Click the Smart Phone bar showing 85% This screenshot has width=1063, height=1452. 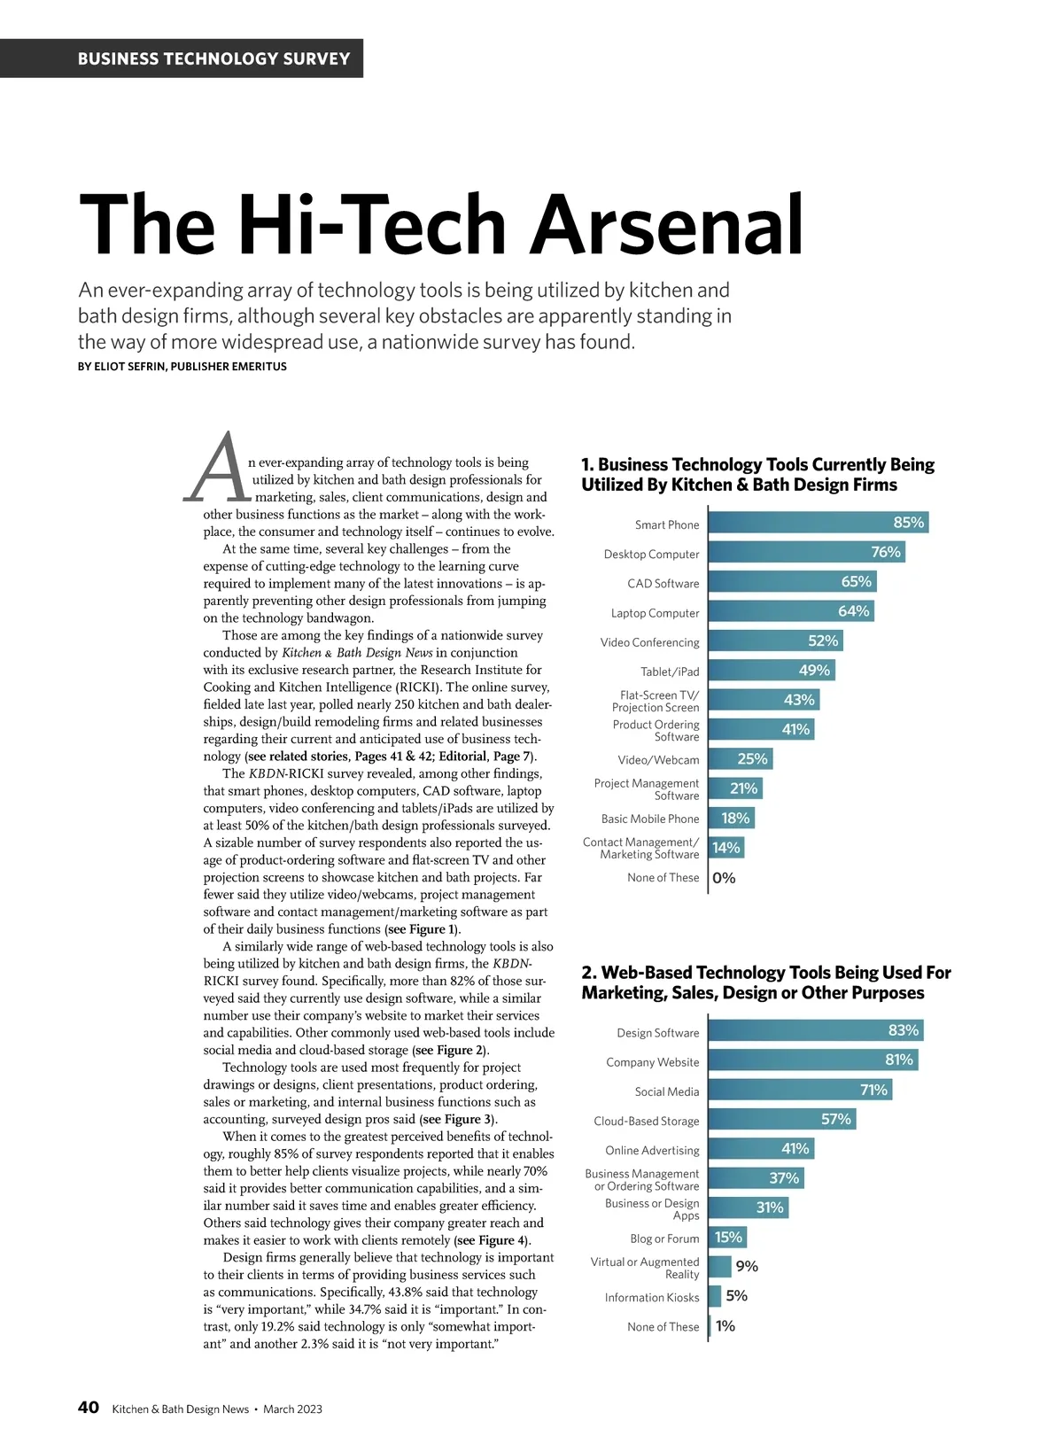coord(818,523)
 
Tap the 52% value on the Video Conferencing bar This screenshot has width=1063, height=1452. coord(823,641)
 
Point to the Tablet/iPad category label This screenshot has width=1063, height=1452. coord(670,672)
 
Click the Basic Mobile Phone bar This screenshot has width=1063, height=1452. coord(732,819)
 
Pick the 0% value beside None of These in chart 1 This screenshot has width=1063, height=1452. coord(724,878)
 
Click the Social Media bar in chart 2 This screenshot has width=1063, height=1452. coord(800,1090)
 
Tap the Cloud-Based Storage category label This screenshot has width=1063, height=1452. coord(646,1121)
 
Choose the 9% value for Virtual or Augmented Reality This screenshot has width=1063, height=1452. coord(747,1267)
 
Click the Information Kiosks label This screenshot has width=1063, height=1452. coord(652,1298)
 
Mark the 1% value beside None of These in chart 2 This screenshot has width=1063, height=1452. coord(725,1326)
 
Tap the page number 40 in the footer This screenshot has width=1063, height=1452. coord(89,1408)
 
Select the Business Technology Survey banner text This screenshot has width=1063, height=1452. coord(213,59)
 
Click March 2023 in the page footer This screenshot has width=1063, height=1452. coord(292,1409)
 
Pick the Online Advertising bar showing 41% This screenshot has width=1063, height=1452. coord(761,1149)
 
